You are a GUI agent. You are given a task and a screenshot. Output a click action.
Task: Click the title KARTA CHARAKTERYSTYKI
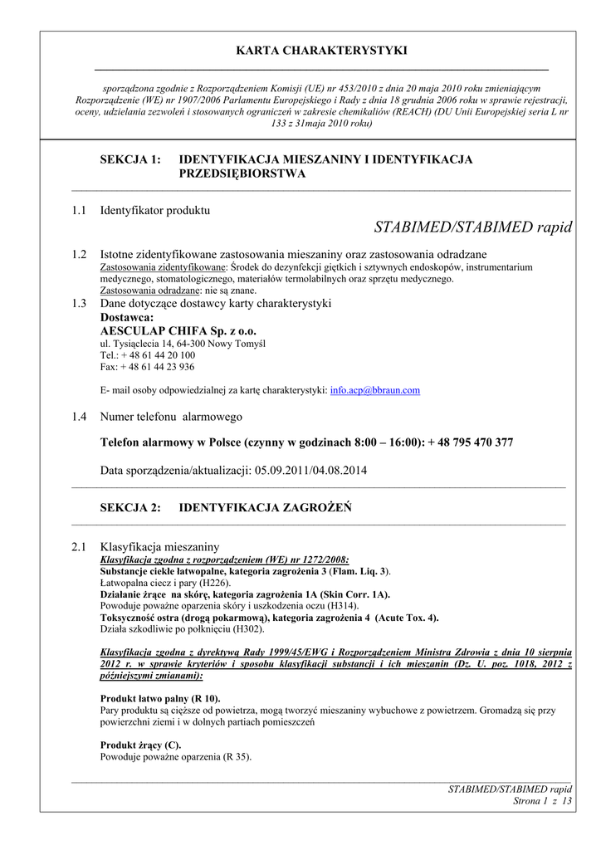(322, 51)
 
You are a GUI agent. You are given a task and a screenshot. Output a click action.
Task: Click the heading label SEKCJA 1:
(130, 159)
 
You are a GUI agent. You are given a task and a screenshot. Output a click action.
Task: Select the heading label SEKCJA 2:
(130, 508)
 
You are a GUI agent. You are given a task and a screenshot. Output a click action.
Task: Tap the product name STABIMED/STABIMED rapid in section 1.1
(473, 227)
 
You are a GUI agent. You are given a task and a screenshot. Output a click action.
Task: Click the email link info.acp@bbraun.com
(375, 390)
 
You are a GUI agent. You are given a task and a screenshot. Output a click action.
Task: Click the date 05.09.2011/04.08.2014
(310, 471)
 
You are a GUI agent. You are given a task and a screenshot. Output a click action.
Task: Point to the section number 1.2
(79, 254)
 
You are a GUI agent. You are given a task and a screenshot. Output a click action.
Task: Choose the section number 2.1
(79, 547)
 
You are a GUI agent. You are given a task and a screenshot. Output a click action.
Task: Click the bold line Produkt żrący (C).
(140, 745)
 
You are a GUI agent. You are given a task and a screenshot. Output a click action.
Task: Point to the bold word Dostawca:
(127, 317)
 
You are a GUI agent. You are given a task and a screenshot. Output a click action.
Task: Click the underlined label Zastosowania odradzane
(150, 291)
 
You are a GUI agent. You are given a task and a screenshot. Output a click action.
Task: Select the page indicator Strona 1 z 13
(544, 801)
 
